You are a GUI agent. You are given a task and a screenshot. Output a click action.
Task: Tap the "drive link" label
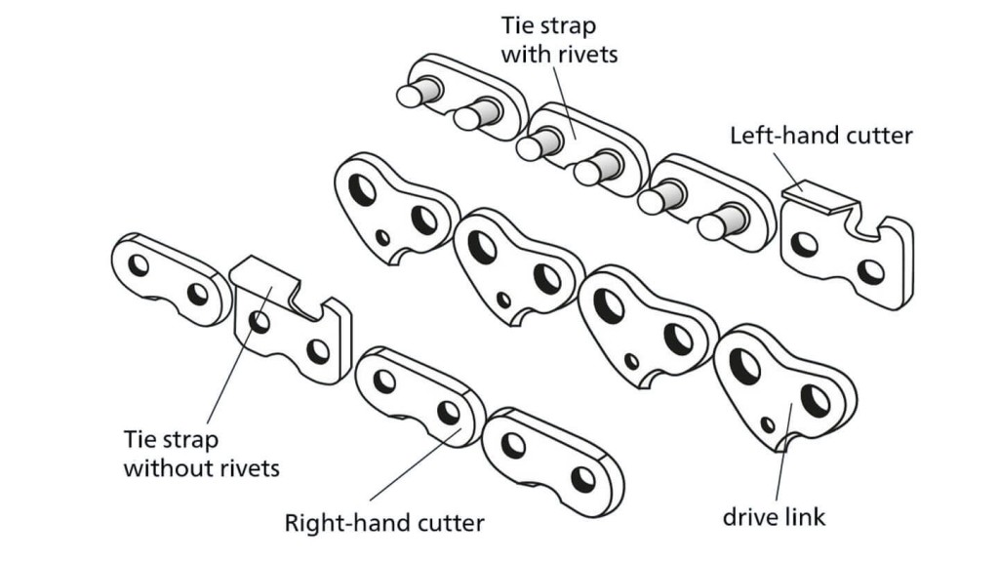(x=774, y=515)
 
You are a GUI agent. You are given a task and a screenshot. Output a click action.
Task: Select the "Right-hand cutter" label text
(x=383, y=523)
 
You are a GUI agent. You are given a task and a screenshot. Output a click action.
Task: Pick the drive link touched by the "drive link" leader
(x=780, y=390)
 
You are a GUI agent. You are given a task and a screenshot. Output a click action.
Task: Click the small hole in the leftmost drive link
(x=383, y=237)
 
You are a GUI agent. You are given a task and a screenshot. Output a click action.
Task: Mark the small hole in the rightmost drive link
(x=768, y=424)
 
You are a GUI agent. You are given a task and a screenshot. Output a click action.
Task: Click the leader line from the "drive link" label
(x=779, y=468)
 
